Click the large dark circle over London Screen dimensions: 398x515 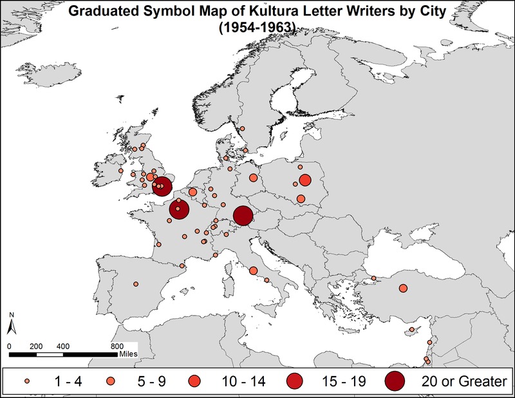coord(162,187)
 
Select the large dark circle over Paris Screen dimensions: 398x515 coord(179,209)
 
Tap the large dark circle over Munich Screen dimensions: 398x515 coord(243,216)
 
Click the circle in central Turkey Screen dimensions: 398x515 coord(403,288)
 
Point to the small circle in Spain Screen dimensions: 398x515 coord(136,283)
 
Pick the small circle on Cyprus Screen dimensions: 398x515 coord(410,331)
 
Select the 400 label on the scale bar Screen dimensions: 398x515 coord(62,346)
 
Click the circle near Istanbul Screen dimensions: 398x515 coord(373,278)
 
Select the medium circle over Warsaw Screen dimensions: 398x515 coord(305,180)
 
